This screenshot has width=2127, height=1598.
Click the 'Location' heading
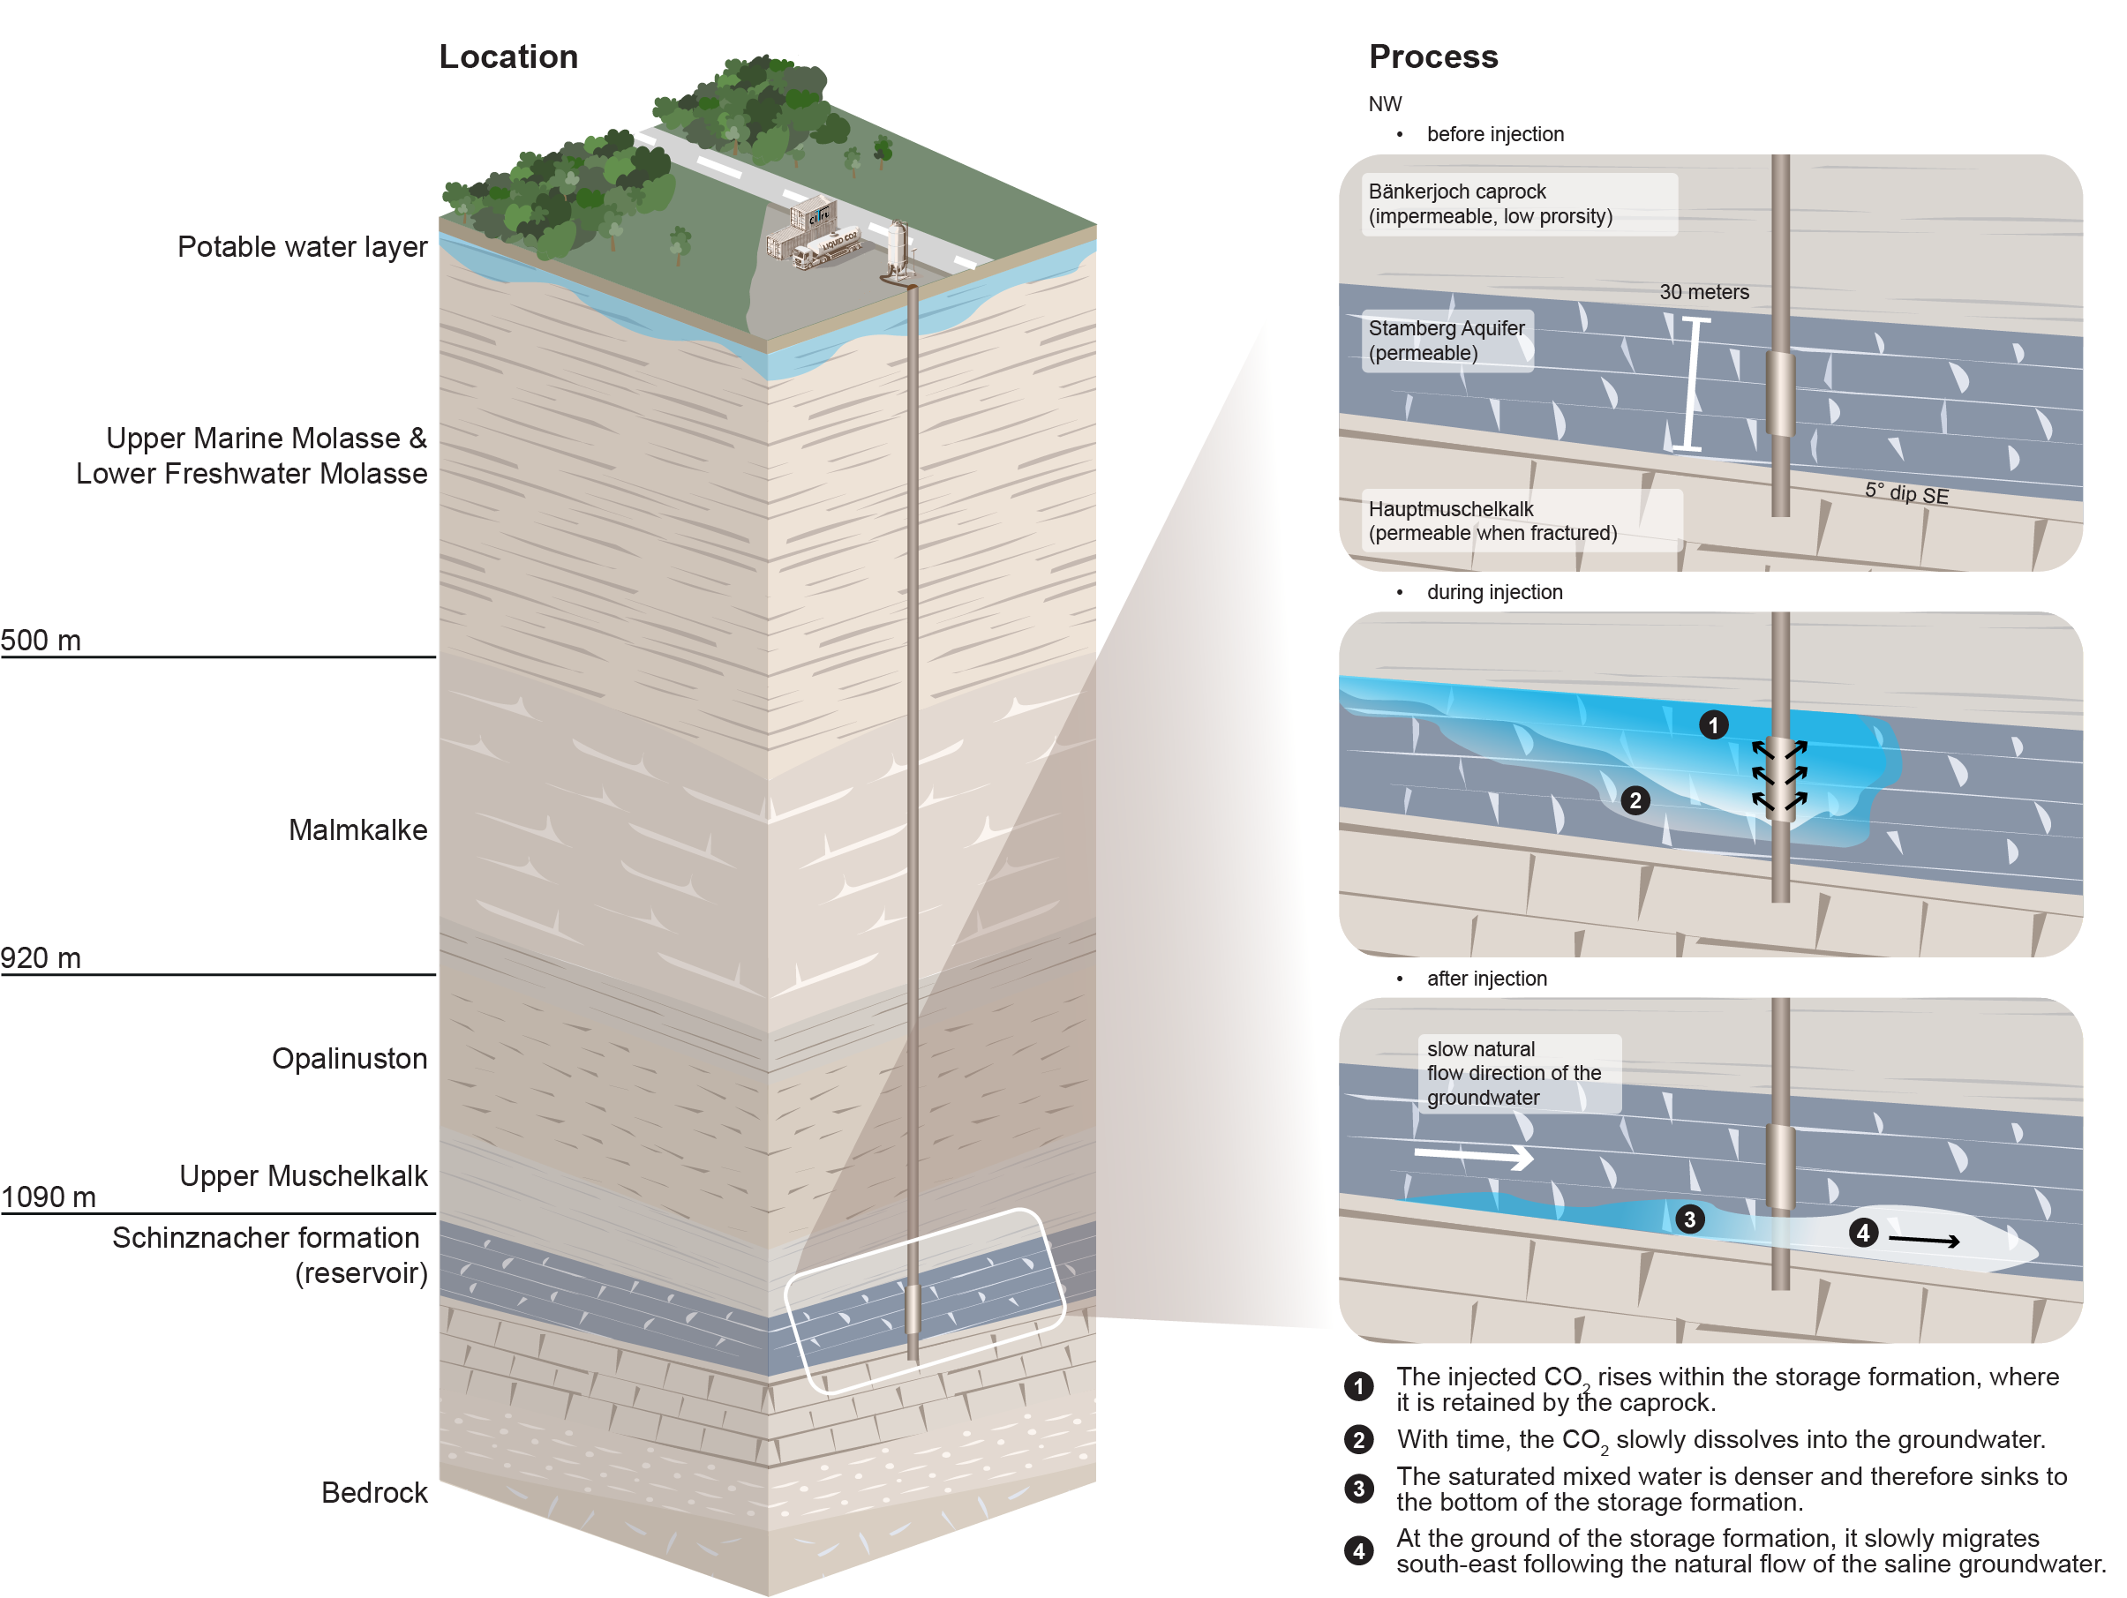[x=508, y=56]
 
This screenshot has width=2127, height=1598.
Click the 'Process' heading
[x=1432, y=56]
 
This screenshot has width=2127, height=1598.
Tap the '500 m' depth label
[x=41, y=640]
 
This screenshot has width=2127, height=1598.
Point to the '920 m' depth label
[x=41, y=957]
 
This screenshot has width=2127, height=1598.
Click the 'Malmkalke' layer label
[x=357, y=829]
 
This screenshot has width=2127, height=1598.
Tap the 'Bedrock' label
[x=374, y=1492]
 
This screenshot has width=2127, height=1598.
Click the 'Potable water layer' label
[x=302, y=247]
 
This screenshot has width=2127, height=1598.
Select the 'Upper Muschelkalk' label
[x=303, y=1176]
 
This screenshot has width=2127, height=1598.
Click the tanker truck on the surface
[x=827, y=249]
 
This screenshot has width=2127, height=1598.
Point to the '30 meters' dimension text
[x=1704, y=292]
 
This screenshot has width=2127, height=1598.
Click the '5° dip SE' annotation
[x=1907, y=493]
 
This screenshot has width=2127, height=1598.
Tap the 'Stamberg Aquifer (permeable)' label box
[x=1448, y=341]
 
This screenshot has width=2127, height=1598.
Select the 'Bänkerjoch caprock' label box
[x=1519, y=204]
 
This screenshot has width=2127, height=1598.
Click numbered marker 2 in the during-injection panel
[x=1635, y=800]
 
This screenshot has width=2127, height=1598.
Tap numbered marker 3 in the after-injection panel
[x=1689, y=1219]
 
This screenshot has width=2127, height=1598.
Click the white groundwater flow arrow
[x=1473, y=1155]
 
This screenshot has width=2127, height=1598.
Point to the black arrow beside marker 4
[x=1924, y=1241]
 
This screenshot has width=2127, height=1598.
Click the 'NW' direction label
[x=1385, y=104]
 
